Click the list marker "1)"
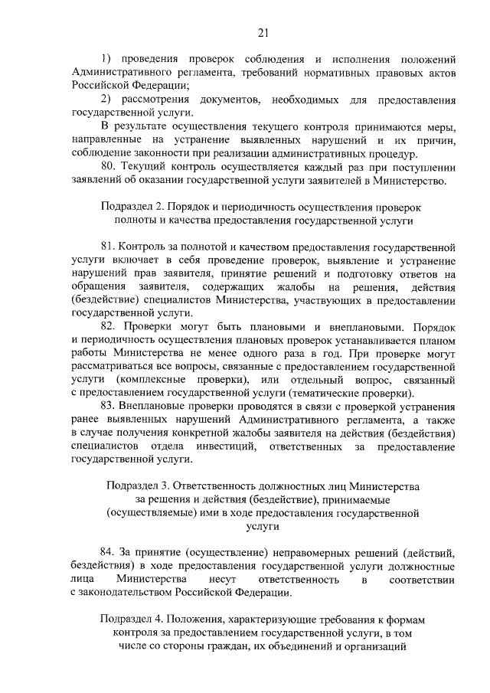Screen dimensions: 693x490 [x=107, y=58]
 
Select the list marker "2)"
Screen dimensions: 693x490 [x=107, y=100]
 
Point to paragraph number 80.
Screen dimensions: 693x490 [x=109, y=168]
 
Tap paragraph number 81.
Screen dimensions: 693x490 [x=109, y=248]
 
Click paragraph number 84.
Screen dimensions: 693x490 [x=109, y=552]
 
